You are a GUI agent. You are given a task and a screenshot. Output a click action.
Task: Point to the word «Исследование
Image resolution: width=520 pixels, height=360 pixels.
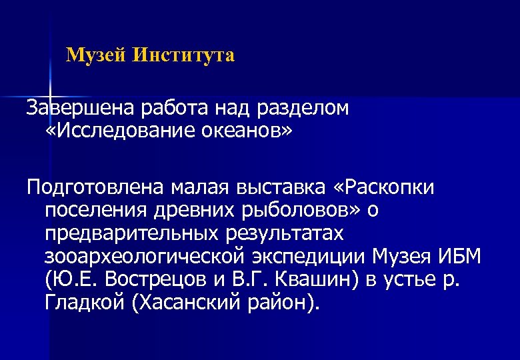pyautogui.click(x=120, y=131)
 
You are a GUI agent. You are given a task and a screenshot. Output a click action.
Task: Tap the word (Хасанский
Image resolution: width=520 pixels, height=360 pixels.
pyautogui.click(x=186, y=303)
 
